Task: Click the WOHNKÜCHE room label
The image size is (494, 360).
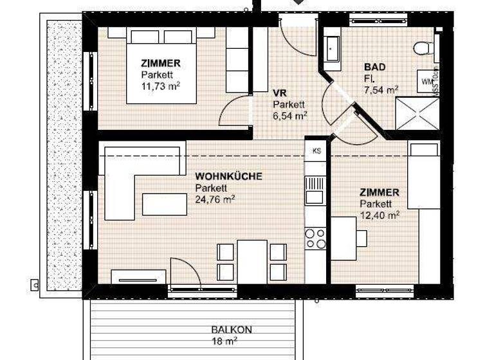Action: click(x=229, y=176)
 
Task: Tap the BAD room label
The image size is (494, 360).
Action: click(x=375, y=67)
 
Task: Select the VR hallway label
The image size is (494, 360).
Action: click(x=279, y=93)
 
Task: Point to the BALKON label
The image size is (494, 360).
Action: click(x=232, y=330)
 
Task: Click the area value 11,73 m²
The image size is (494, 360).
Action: click(x=160, y=86)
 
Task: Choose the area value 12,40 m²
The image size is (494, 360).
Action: click(x=380, y=215)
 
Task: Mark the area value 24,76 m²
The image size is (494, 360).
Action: click(x=215, y=199)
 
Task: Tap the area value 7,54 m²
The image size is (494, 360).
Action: click(x=381, y=89)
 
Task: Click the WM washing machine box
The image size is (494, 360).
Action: click(x=426, y=82)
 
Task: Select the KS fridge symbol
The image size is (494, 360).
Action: click(x=316, y=151)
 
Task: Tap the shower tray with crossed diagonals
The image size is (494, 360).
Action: click(x=416, y=113)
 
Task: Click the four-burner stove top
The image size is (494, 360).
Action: click(x=315, y=238)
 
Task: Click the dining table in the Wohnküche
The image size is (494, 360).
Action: click(x=252, y=260)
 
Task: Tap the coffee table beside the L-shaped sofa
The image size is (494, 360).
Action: click(x=165, y=204)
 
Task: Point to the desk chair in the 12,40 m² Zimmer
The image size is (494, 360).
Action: click(x=361, y=238)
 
